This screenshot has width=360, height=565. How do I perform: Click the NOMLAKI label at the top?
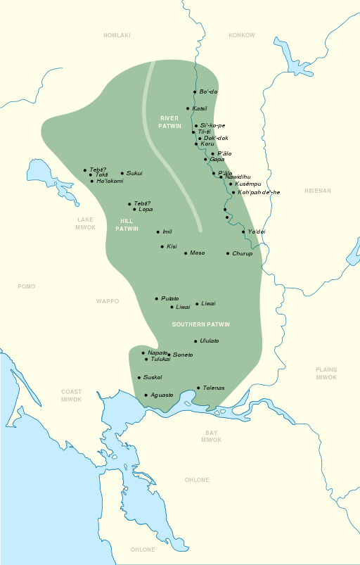click(x=117, y=35)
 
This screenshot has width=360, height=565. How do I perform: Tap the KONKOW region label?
click(x=243, y=35)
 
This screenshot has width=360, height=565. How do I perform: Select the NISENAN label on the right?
click(x=317, y=191)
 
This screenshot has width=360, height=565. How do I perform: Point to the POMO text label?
click(x=27, y=286)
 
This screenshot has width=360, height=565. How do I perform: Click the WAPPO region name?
click(x=108, y=301)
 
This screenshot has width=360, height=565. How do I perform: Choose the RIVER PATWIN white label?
click(x=170, y=122)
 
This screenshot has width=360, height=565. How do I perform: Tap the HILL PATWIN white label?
click(x=127, y=224)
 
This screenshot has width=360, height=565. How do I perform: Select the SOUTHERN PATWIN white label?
click(x=201, y=324)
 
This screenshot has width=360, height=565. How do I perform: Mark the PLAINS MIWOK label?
click(x=326, y=373)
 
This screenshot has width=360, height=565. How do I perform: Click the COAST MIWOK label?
click(x=71, y=395)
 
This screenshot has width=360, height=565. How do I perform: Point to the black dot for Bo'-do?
click(x=195, y=92)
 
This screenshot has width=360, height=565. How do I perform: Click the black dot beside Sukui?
click(x=122, y=173)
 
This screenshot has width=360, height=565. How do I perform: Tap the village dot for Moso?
click(x=186, y=253)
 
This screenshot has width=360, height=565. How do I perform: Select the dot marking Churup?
click(x=228, y=253)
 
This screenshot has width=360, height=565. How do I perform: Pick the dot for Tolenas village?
click(x=198, y=388)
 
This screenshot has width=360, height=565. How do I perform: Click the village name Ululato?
click(x=210, y=341)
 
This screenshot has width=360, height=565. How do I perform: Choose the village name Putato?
click(x=170, y=298)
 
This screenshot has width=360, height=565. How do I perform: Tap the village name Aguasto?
click(x=162, y=395)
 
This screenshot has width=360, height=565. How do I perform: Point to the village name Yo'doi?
click(x=257, y=231)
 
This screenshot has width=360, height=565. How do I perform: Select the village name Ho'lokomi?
click(x=110, y=181)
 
